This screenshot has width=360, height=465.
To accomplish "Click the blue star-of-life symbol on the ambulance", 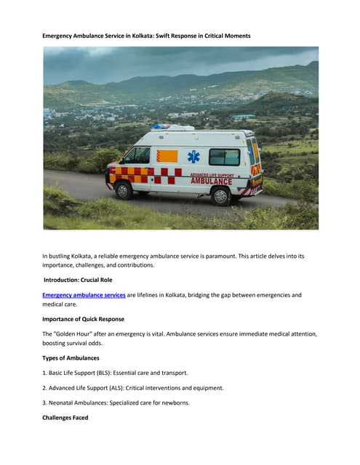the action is pyautogui.click(x=193, y=157).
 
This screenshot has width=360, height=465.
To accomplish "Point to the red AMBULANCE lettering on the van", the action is pyautogui.click(x=211, y=181).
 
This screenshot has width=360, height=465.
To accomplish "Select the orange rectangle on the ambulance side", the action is pyautogui.click(x=167, y=156).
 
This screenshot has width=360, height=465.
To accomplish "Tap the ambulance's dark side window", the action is pyautogui.click(x=224, y=157).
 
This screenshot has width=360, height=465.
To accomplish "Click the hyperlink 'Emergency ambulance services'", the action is pyautogui.click(x=84, y=295).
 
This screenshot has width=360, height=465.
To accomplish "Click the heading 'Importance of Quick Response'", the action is pyautogui.click(x=83, y=318).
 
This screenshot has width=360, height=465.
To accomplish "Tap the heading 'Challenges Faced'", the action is pyautogui.click(x=65, y=418).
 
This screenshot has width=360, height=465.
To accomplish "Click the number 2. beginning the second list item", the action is pyautogui.click(x=45, y=389).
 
